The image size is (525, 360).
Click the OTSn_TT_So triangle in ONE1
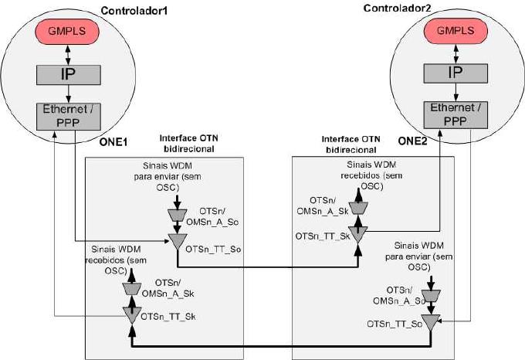177,241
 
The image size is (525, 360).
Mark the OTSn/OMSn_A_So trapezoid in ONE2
432,296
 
